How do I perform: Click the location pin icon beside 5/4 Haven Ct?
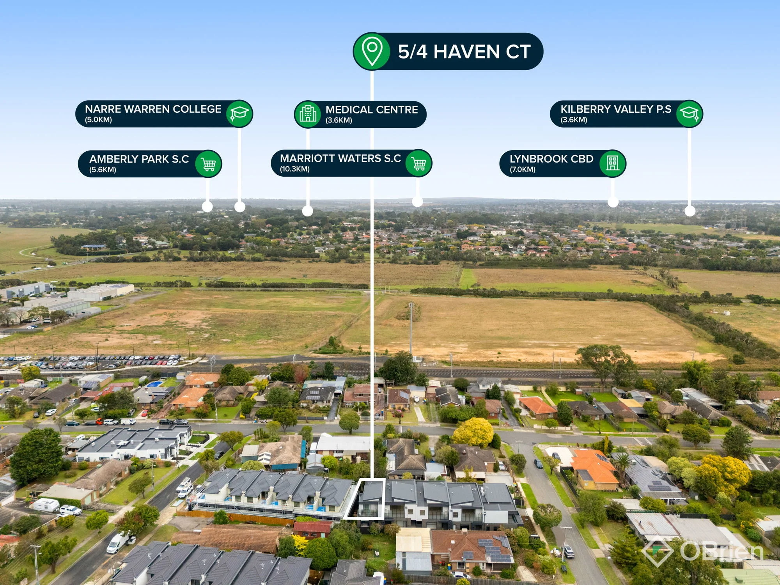(372, 51)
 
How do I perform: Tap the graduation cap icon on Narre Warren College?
(239, 113)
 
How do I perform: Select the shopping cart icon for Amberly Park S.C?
(209, 164)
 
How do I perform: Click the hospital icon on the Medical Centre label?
(308, 114)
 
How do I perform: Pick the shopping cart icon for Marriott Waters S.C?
(419, 163)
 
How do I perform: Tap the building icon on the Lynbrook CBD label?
(612, 163)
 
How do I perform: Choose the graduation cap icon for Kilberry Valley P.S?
(689, 113)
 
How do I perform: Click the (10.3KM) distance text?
(295, 169)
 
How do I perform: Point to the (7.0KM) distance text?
(523, 169)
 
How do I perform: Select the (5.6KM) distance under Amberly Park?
(103, 170)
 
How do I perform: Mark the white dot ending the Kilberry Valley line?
(690, 211)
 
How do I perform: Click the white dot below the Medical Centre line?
(308, 211)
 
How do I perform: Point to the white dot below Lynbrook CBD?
(613, 202)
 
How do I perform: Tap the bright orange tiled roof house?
(594, 468)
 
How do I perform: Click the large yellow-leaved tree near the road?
(473, 432)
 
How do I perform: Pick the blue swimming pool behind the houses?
(155, 384)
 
